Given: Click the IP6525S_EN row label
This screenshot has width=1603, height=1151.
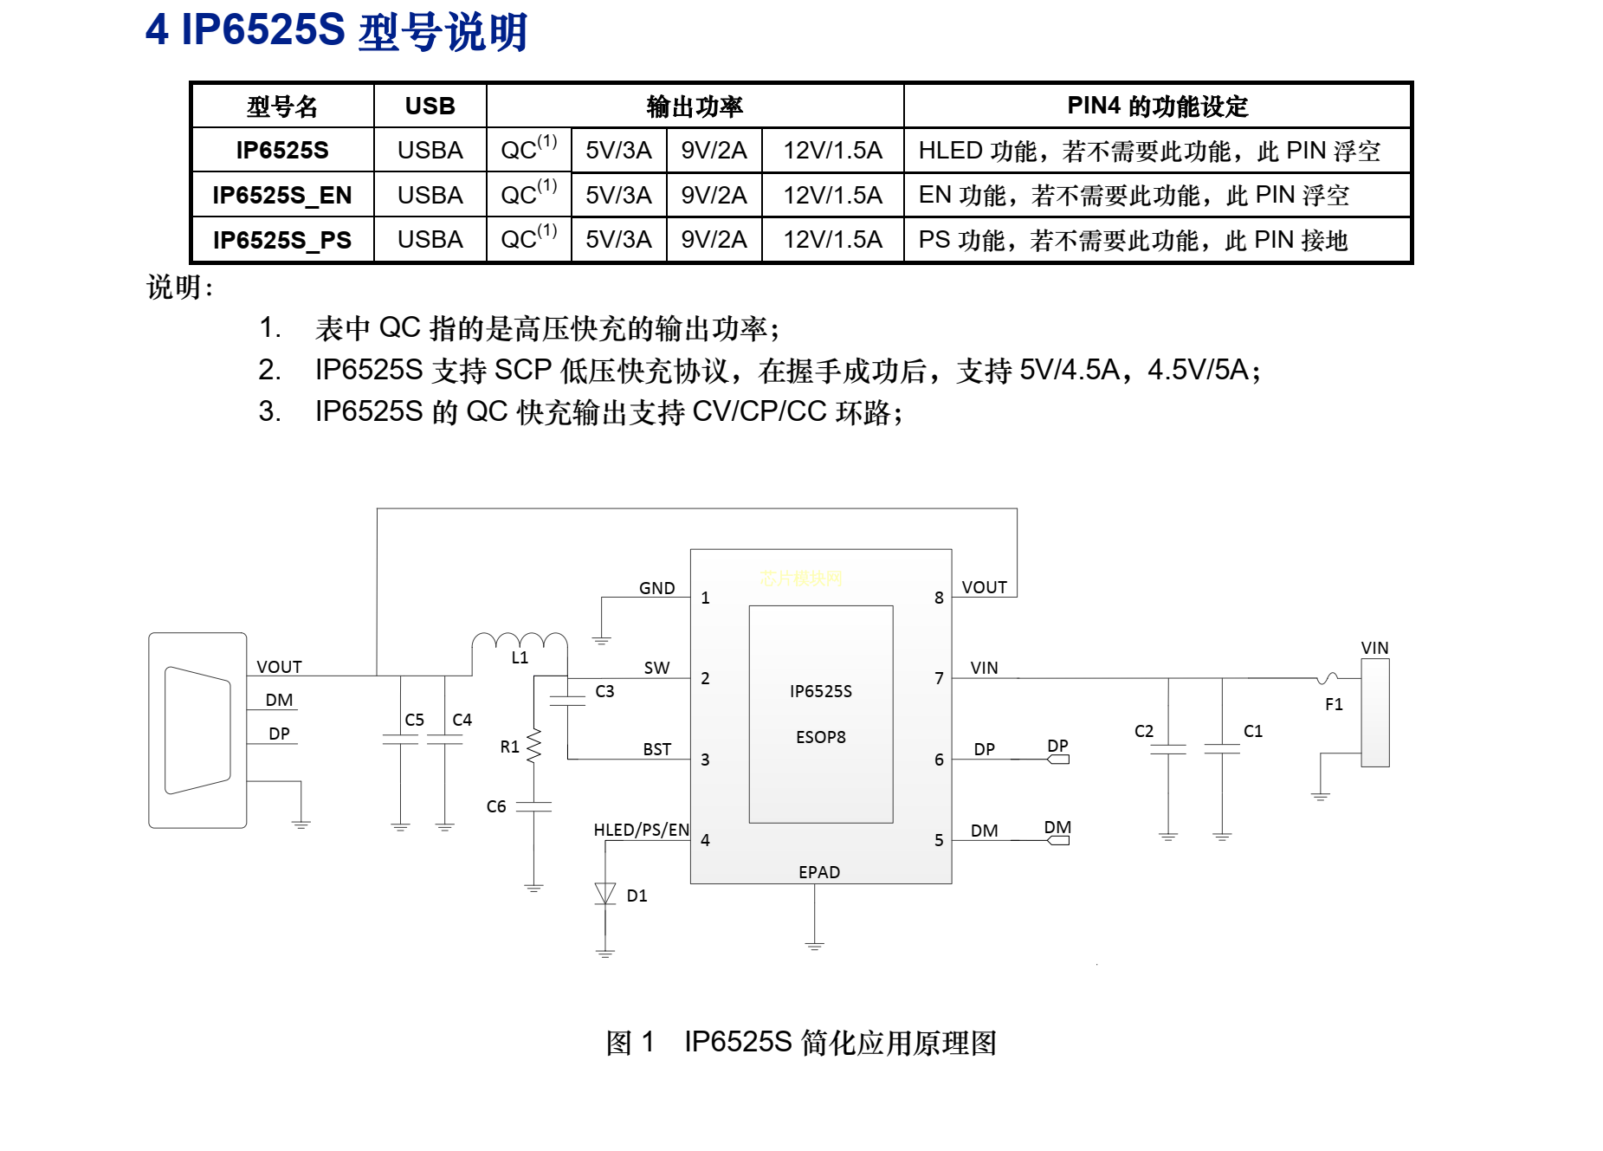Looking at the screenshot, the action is (x=282, y=196).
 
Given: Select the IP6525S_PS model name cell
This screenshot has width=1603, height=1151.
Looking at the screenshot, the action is (x=282, y=240).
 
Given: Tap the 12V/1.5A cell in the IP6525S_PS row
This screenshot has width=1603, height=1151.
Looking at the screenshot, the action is (x=832, y=240).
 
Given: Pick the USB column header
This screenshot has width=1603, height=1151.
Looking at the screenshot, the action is (x=430, y=106).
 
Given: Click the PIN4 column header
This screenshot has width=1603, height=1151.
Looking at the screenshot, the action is (x=1157, y=106).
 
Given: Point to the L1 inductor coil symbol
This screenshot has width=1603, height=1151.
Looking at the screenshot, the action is (x=520, y=642).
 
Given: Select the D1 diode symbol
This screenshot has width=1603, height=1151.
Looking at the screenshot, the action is (x=605, y=894).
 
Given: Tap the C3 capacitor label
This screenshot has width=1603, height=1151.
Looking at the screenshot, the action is (x=604, y=691).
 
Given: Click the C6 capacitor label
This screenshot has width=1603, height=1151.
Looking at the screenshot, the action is (x=496, y=806).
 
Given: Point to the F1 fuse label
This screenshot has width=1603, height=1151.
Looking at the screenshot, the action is (x=1334, y=704).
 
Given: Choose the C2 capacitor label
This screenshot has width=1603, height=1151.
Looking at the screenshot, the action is (x=1144, y=731).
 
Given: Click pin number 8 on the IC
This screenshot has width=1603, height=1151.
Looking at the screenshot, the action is (x=939, y=598).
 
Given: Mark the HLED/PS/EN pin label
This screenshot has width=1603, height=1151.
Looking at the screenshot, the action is (x=642, y=830).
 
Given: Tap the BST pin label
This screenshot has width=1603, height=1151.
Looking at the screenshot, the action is (x=657, y=749).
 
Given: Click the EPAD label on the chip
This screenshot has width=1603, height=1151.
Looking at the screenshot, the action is (x=819, y=872).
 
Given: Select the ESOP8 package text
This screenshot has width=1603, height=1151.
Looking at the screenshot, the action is (x=821, y=737).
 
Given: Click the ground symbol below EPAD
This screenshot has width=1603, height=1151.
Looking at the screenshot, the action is (x=814, y=945).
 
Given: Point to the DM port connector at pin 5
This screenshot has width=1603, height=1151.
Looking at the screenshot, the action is (x=1058, y=840).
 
